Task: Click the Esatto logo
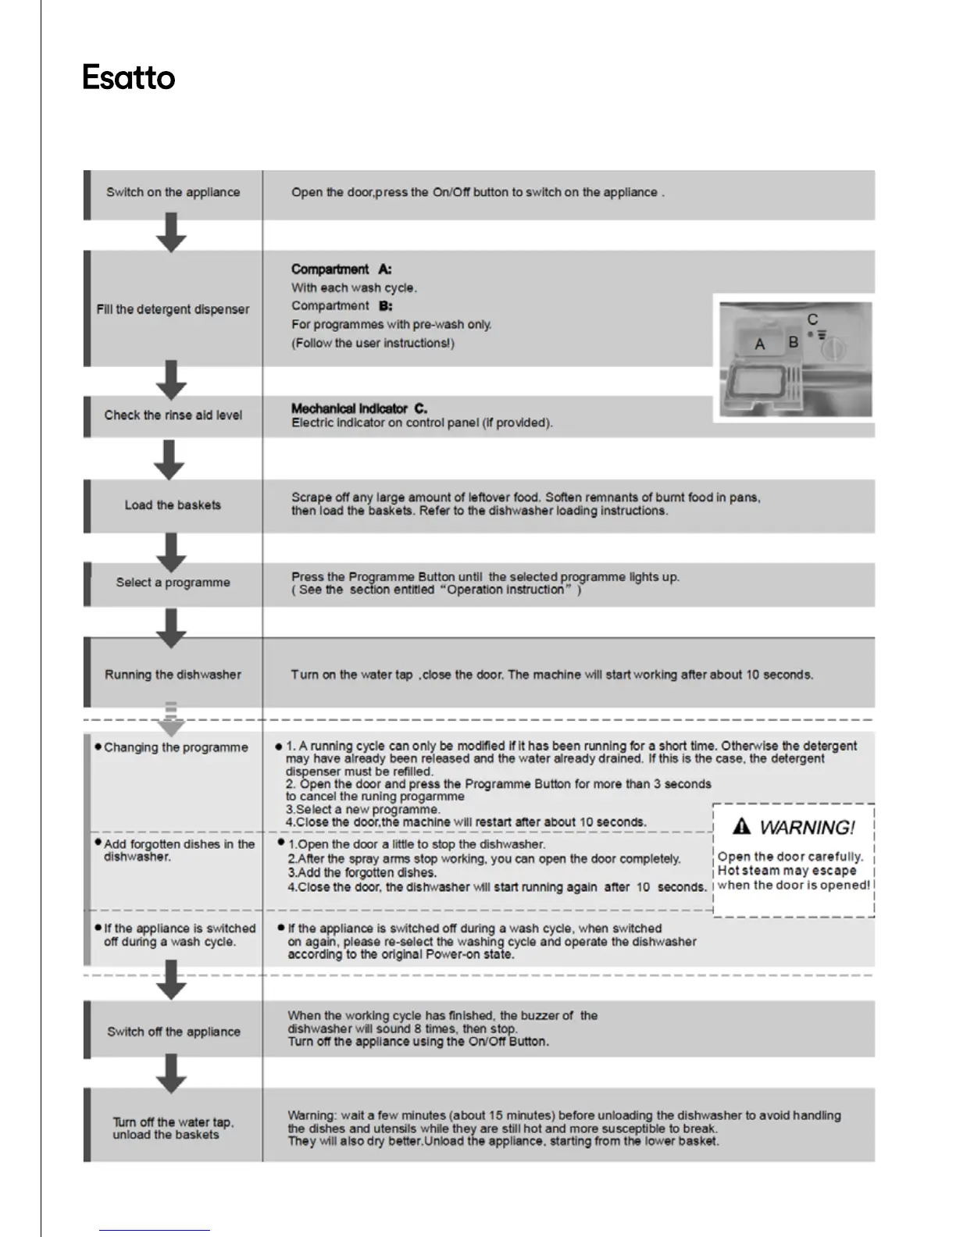(x=129, y=78)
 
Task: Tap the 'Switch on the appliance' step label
(x=173, y=192)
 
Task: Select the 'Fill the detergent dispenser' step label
(x=173, y=309)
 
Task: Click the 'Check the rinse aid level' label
(x=173, y=415)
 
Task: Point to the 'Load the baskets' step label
(x=173, y=504)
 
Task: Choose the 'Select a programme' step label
(x=173, y=582)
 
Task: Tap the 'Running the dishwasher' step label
(x=173, y=674)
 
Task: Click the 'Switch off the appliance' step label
(x=173, y=1032)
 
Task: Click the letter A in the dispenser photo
(x=760, y=344)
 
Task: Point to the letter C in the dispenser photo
(x=813, y=319)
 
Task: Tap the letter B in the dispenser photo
(x=794, y=342)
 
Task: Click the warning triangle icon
(x=742, y=826)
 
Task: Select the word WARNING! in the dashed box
(x=807, y=827)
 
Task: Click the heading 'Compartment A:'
(x=341, y=269)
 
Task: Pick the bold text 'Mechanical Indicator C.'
(x=358, y=408)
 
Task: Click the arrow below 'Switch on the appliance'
(x=172, y=233)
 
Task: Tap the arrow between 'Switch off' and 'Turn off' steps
(x=172, y=1074)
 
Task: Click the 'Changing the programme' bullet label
(x=176, y=747)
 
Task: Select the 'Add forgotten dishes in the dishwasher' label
(x=179, y=850)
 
